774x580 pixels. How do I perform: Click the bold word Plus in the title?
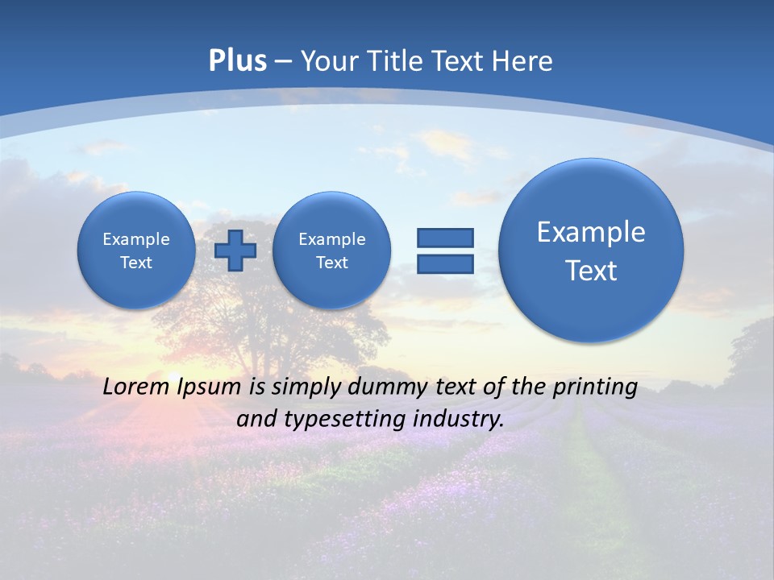coord(237,61)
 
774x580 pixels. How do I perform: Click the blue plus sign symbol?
coord(235,250)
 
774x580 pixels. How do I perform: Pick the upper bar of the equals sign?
coord(445,238)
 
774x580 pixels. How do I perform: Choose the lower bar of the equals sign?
coord(445,264)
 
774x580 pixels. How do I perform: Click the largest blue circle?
coord(591,251)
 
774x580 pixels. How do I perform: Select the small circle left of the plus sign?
coord(136,250)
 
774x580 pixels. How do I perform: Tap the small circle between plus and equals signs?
coord(331,250)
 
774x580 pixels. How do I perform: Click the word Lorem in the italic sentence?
coord(137,387)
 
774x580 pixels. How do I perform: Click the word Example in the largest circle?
coord(591,232)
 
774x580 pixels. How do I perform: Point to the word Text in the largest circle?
coord(591,271)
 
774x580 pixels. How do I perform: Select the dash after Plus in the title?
coord(283,62)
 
